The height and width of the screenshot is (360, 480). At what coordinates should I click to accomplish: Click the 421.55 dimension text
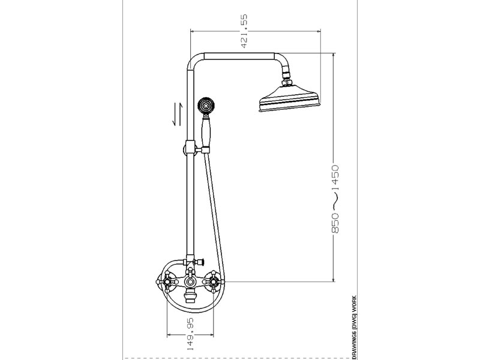coord(244,31)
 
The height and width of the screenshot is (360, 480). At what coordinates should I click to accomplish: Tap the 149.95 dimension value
coord(190,334)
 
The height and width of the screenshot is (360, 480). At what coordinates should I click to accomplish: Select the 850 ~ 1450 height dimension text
coord(335,199)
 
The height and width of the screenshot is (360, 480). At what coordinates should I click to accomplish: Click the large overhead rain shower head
coord(289,97)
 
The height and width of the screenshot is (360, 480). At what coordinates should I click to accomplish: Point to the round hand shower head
coord(205,106)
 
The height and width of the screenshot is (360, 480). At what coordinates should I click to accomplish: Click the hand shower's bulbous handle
coord(205,132)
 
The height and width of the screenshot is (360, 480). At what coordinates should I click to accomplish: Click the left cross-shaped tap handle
coord(167,282)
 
